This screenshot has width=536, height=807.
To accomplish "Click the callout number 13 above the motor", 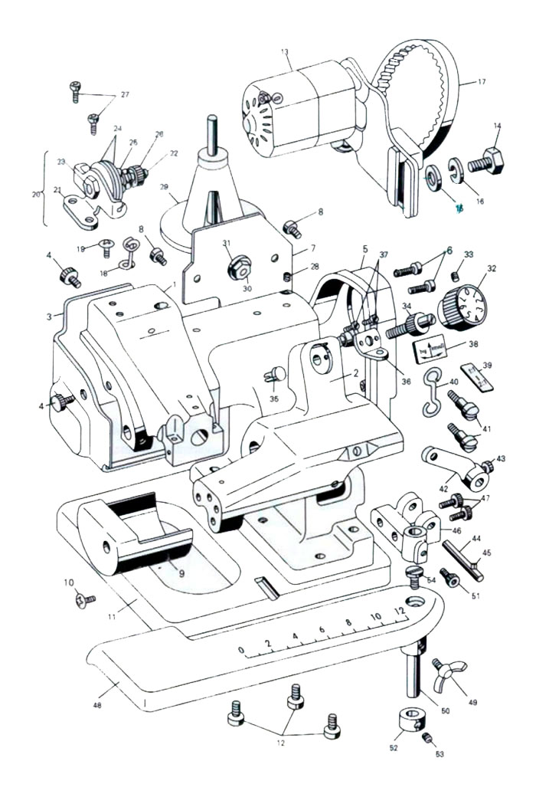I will tap(285, 52).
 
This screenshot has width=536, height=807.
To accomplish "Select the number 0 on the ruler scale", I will tap(242, 652).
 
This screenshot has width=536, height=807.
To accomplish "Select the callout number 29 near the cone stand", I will tap(162, 187).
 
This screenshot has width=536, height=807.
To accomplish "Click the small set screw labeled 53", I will tap(430, 739).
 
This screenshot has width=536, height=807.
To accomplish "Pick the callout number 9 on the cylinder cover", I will tap(181, 572).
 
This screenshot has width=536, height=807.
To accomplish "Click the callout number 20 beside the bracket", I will tap(35, 194).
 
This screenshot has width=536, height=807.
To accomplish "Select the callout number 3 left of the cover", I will tap(50, 316).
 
